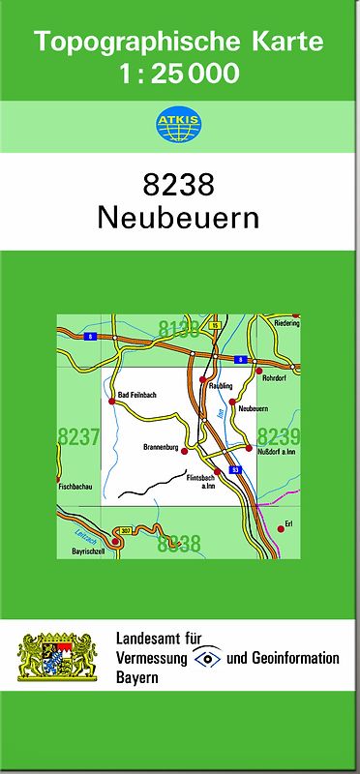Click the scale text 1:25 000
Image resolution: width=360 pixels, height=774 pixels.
click(179, 72)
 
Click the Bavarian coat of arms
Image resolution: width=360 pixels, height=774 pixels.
click(57, 656)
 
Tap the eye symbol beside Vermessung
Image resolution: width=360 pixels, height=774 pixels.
click(205, 658)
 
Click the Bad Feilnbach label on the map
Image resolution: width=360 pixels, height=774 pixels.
click(136, 395)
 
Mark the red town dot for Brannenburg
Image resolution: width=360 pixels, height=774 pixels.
click(184, 450)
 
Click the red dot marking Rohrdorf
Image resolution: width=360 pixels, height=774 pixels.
click(258, 371)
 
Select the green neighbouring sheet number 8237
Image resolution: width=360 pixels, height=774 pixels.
click(79, 437)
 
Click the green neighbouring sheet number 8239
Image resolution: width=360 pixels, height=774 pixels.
click(279, 436)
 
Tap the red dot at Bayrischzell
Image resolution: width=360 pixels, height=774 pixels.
click(115, 543)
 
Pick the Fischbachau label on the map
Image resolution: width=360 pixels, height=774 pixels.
click(75, 487)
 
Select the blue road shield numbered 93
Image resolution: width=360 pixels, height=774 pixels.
click(234, 469)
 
